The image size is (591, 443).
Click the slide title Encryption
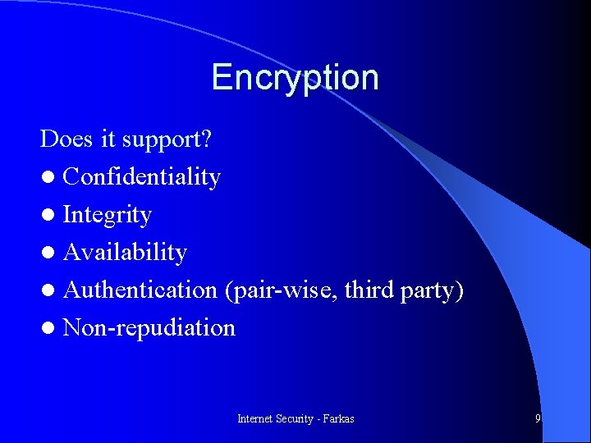(295, 78)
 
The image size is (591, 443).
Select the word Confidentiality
(141, 177)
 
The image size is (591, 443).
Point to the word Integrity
(107, 215)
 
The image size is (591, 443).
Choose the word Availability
(125, 253)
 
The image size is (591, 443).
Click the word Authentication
(140, 290)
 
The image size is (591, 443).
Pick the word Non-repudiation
(149, 327)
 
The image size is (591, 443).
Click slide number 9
(538, 418)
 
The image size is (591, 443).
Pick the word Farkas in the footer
(338, 418)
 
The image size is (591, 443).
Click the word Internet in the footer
(254, 418)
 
